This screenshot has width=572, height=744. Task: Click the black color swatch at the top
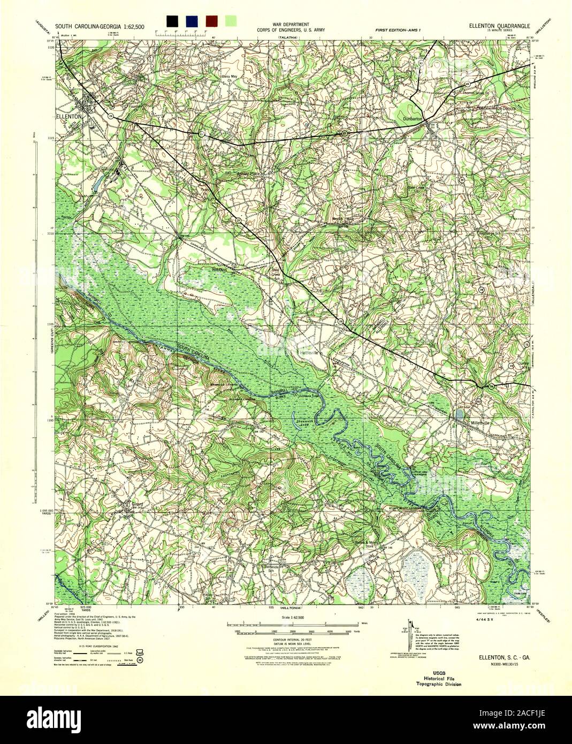(172, 21)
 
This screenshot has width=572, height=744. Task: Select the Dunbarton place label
(414, 119)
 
